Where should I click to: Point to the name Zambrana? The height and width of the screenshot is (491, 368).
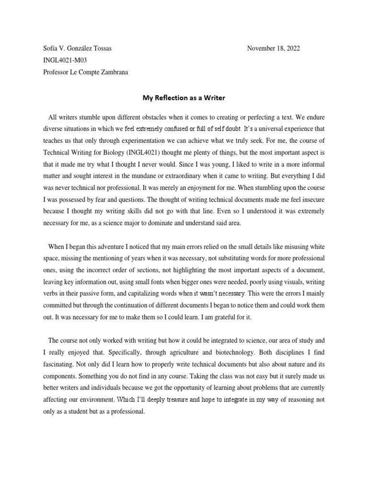[x=111, y=72]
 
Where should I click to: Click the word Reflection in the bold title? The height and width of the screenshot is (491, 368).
[x=176, y=98]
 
